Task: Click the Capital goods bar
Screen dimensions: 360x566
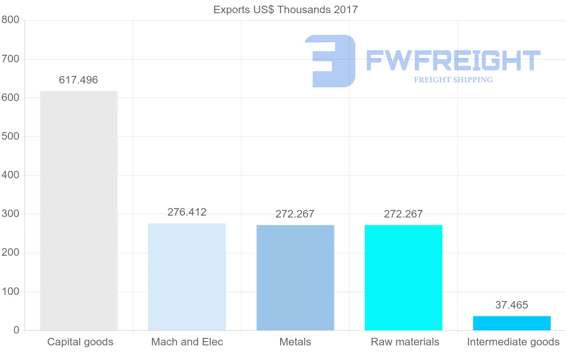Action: pyautogui.click(x=79, y=210)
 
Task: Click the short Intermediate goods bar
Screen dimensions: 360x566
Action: pyautogui.click(x=512, y=323)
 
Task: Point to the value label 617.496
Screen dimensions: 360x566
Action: pyautogui.click(x=78, y=80)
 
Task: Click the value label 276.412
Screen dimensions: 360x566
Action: pyautogui.click(x=187, y=212)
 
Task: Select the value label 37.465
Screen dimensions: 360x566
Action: pyautogui.click(x=512, y=305)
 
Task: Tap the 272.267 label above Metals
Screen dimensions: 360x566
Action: pyautogui.click(x=295, y=214)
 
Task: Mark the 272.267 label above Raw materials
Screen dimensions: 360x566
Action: pyautogui.click(x=403, y=214)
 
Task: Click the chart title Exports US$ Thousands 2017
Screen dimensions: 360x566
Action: pyautogui.click(x=285, y=10)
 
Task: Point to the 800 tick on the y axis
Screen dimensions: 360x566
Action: pyautogui.click(x=10, y=20)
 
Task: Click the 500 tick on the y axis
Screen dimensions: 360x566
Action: pyautogui.click(x=10, y=136)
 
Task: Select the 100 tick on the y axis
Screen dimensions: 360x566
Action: pyautogui.click(x=10, y=292)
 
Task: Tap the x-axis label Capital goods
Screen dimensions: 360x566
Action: pyautogui.click(x=80, y=342)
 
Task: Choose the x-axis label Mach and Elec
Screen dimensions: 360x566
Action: pyautogui.click(x=187, y=342)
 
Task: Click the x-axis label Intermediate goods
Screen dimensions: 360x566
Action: pyautogui.click(x=513, y=342)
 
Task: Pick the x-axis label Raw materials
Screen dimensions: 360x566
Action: pyautogui.click(x=405, y=342)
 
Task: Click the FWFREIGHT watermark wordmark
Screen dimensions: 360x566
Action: pyautogui.click(x=453, y=60)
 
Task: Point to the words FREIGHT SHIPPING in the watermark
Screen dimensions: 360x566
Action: pyautogui.click(x=453, y=80)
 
